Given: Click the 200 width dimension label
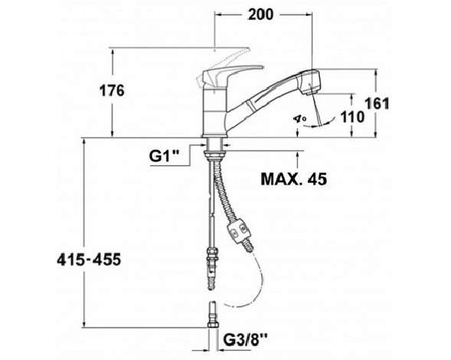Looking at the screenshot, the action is tap(260, 15).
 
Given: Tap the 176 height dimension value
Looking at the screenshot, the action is tap(112, 90).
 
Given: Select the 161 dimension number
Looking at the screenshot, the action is tap(377, 103).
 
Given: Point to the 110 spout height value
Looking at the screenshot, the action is tap(352, 117).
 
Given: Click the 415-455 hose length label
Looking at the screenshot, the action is tap(89, 260).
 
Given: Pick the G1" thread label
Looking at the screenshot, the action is tap(164, 156).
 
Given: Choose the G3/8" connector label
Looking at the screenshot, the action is tap(246, 341).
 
